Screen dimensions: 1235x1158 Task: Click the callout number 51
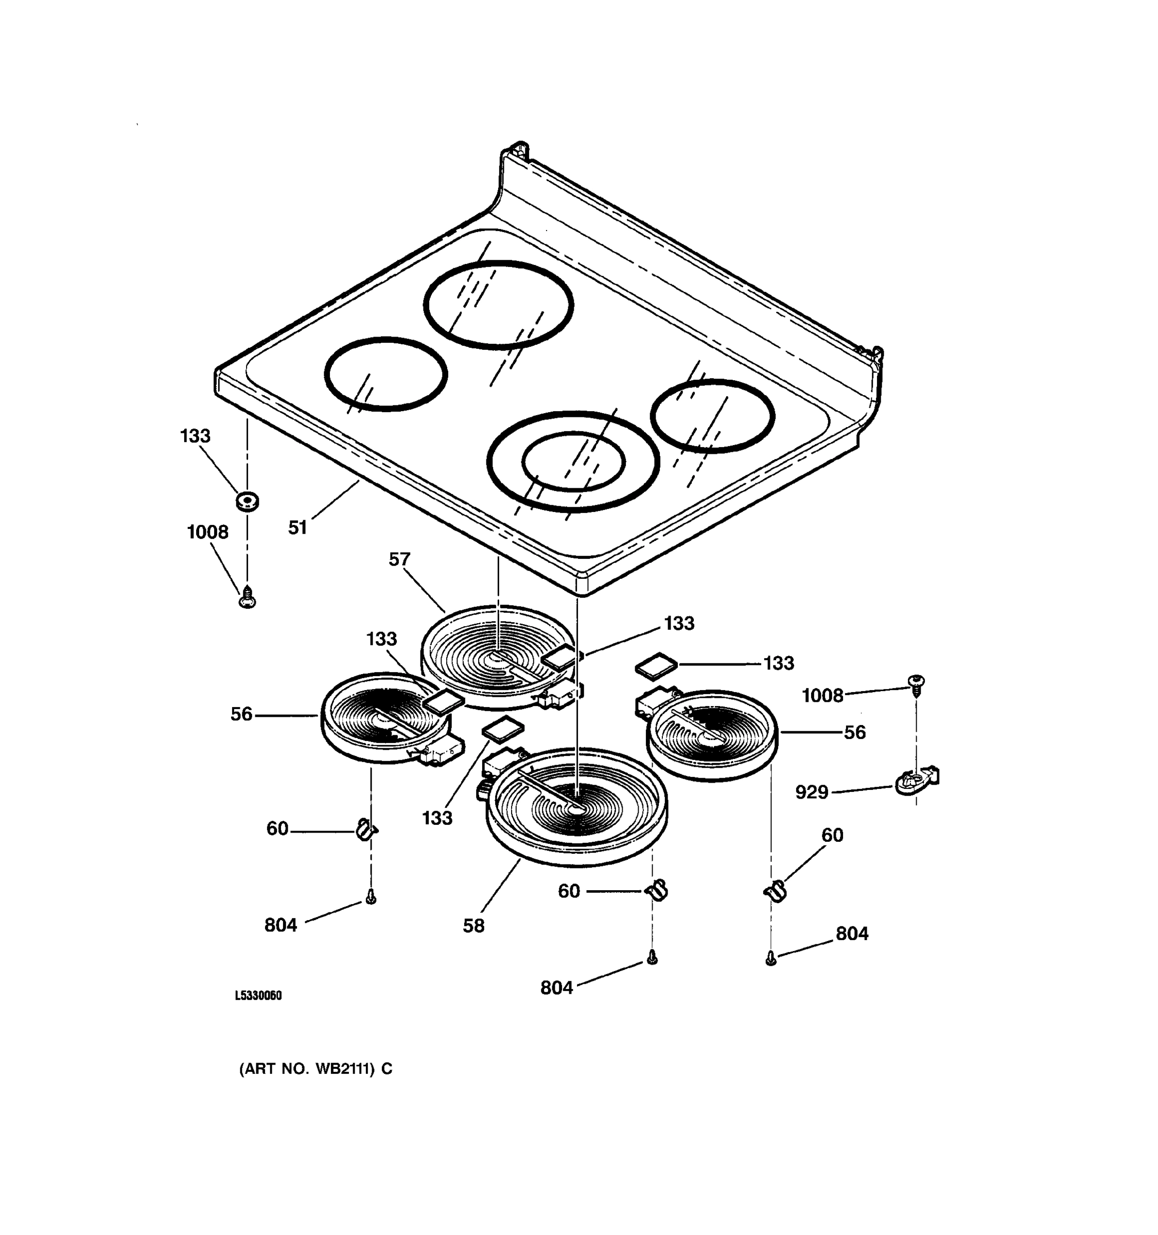pyautogui.click(x=297, y=528)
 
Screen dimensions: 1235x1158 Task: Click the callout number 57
pyautogui.click(x=399, y=560)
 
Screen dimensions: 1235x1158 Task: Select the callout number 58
pyautogui.click(x=473, y=926)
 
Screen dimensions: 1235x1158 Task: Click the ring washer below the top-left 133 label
pyautogui.click(x=247, y=500)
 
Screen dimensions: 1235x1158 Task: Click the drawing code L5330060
pyautogui.click(x=258, y=996)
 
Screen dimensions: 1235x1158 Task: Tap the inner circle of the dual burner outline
pyautogui.click(x=573, y=461)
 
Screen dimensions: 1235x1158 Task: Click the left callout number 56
pyautogui.click(x=242, y=714)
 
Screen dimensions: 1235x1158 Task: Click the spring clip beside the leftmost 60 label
pyautogui.click(x=366, y=828)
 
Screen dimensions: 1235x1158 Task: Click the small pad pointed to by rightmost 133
pyautogui.click(x=655, y=665)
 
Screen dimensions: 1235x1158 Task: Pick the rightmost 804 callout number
pyautogui.click(x=852, y=933)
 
